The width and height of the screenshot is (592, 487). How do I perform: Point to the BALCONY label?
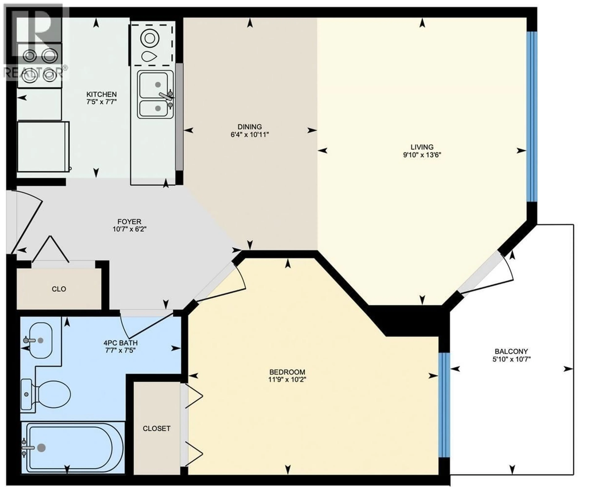tap(511, 351)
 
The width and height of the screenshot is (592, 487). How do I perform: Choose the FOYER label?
tap(129, 221)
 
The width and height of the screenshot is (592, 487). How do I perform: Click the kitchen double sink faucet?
tap(166, 96)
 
